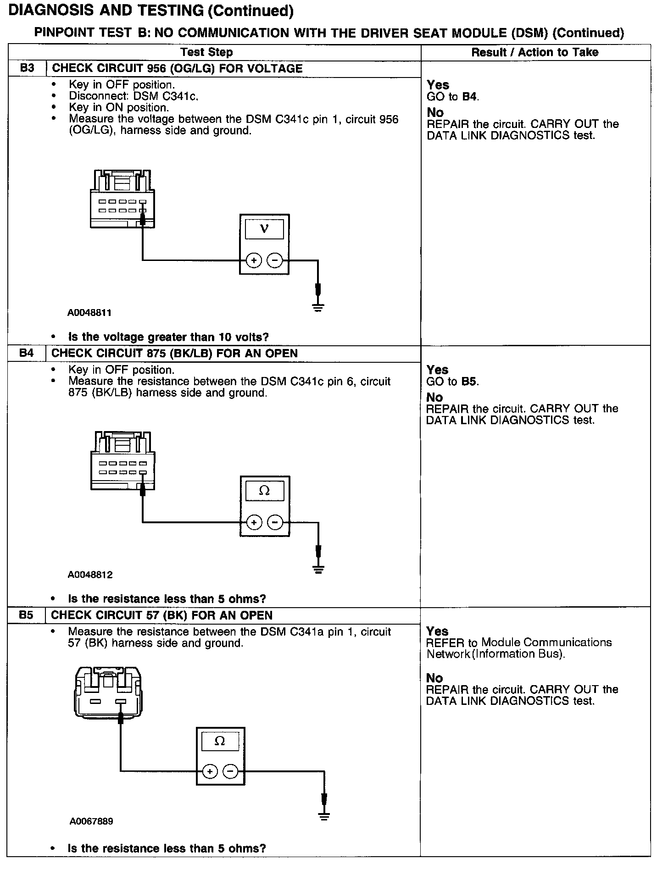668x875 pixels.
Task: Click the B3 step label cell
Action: (x=27, y=69)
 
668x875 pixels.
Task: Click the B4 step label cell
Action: (x=27, y=354)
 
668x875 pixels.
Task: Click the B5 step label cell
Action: (x=26, y=615)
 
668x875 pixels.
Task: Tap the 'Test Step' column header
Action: (x=206, y=52)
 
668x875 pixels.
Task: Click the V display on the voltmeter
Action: (x=264, y=229)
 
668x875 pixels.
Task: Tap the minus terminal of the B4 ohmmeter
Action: (x=275, y=522)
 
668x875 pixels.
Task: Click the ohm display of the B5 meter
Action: (x=220, y=742)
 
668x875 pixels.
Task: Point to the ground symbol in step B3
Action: (x=318, y=308)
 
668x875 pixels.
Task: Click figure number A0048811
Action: (x=89, y=313)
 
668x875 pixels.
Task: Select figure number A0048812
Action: (x=90, y=575)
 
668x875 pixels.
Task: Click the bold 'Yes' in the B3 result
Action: (x=438, y=85)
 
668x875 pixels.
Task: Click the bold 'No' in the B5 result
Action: (x=434, y=678)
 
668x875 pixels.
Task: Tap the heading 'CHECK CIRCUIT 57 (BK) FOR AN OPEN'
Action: (x=161, y=615)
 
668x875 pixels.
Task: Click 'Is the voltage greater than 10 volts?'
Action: (x=168, y=337)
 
